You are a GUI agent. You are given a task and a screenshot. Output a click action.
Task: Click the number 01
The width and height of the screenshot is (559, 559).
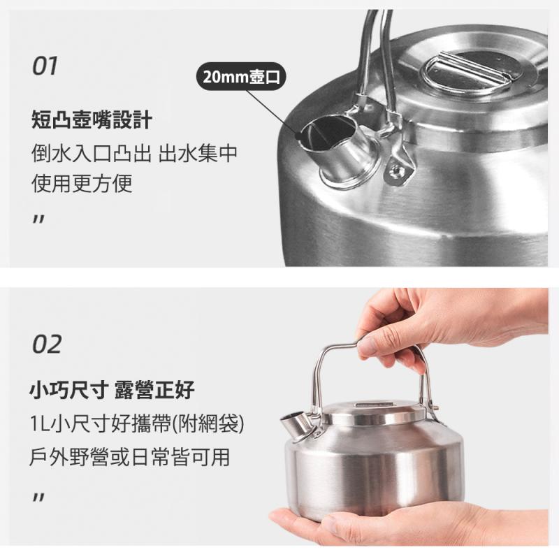[x=45, y=66]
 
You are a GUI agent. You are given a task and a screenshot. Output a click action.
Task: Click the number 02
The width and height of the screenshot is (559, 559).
[x=47, y=344]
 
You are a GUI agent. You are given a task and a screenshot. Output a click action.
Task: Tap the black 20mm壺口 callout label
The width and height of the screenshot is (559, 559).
[x=241, y=76]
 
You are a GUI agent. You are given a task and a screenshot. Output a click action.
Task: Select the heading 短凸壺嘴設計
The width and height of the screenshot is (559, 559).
[x=92, y=119]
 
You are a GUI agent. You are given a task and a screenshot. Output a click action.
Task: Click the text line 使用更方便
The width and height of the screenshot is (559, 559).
[x=82, y=183]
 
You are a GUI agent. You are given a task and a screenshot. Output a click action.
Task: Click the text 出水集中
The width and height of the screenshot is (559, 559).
[x=198, y=153]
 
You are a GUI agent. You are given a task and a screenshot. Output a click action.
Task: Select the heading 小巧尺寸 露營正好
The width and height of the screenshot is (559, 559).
[x=112, y=390]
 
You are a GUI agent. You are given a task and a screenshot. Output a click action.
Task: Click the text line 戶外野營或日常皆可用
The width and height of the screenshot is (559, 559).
[x=129, y=457]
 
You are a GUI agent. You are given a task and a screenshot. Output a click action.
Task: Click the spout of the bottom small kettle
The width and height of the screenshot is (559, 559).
[x=294, y=426]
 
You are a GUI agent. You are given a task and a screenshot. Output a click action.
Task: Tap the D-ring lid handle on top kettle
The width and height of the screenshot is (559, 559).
[x=467, y=75]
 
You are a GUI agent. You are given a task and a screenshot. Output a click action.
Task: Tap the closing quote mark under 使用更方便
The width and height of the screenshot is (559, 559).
[x=38, y=219]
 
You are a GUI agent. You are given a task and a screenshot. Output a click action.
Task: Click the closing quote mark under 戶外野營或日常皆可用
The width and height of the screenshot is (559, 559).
[x=38, y=497]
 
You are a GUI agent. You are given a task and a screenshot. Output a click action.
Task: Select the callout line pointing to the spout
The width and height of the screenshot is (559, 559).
[x=273, y=113]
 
